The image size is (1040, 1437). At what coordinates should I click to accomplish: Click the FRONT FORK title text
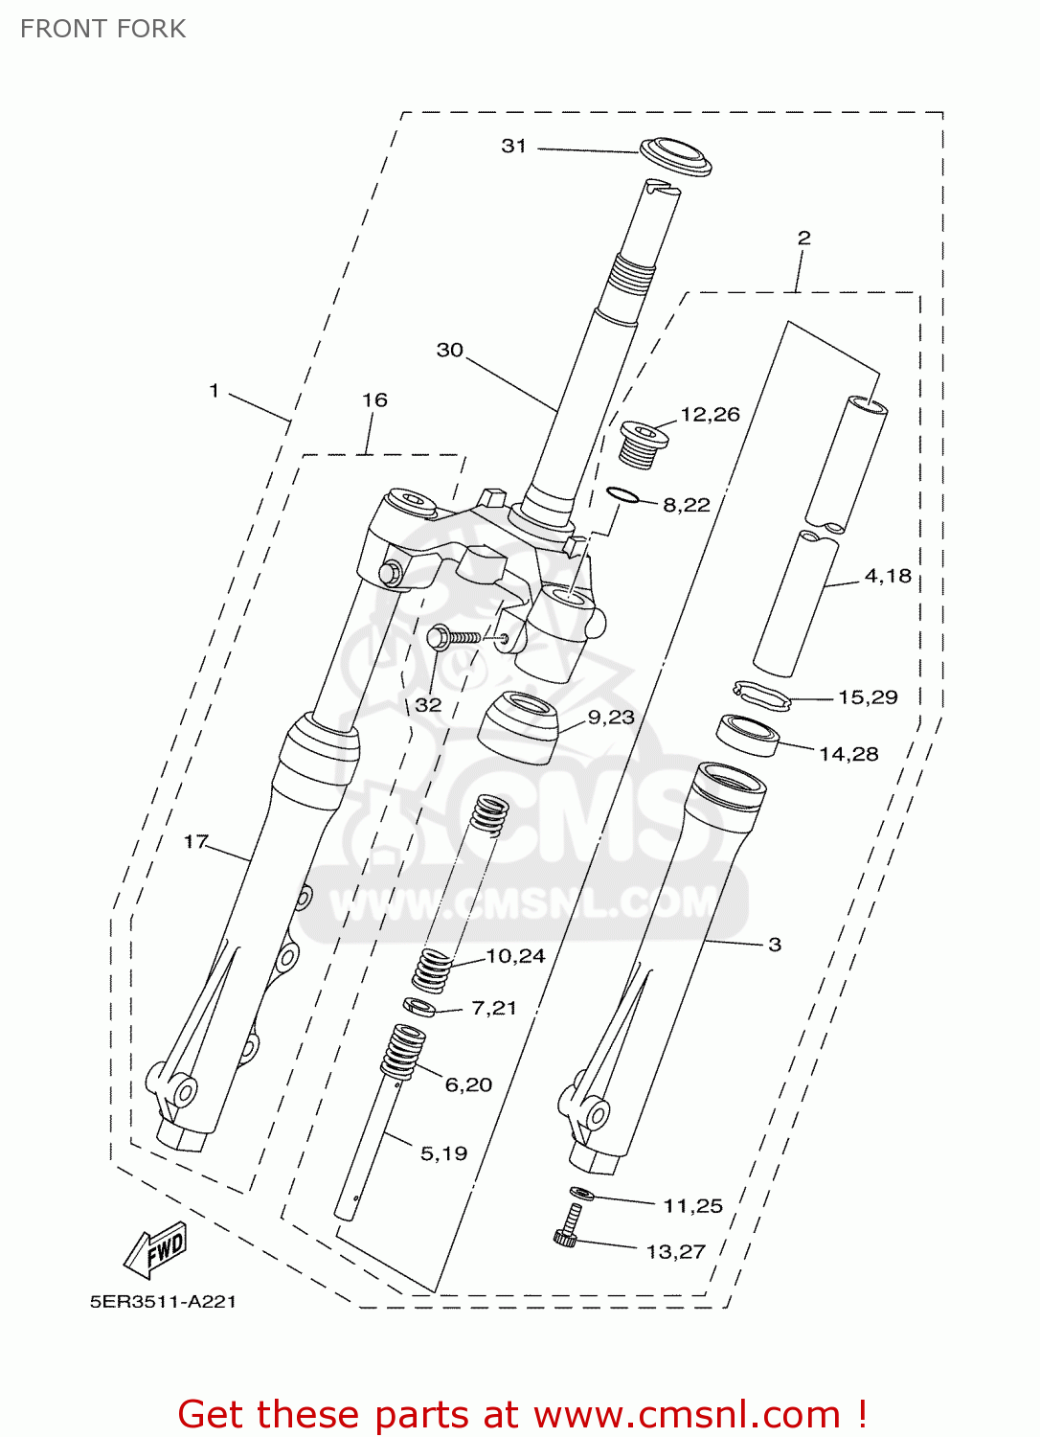[x=103, y=29]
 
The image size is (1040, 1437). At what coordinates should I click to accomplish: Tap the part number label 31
[x=514, y=146]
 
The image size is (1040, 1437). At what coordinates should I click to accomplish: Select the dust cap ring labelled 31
[x=676, y=156]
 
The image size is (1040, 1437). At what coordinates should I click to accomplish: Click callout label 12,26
[x=710, y=414]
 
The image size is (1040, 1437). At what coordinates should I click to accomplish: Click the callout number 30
[x=450, y=350]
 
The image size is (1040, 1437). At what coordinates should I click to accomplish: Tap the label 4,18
[x=888, y=576]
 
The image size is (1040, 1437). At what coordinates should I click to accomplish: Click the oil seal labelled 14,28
[x=748, y=734]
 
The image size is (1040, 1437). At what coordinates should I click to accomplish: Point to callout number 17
[x=195, y=841]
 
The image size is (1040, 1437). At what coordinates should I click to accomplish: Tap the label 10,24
[x=515, y=955]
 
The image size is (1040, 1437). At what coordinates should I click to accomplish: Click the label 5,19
[x=443, y=1153]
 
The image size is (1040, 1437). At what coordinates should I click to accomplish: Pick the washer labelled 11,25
[x=581, y=1194]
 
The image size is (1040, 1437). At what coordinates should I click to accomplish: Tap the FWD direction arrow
[x=155, y=1249]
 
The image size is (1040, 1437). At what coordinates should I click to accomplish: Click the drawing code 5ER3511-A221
[x=163, y=1302]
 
